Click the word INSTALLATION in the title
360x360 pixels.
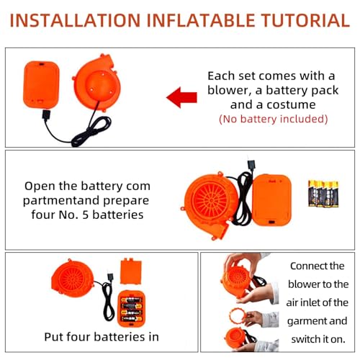point(75,20)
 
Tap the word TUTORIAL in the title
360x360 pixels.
point(305,20)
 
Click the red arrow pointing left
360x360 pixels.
point(181,97)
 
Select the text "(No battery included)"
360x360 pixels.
point(274,119)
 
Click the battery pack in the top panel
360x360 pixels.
point(41,85)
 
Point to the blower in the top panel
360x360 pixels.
point(97,83)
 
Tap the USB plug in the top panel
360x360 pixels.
point(46,115)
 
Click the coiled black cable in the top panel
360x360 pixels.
point(91,132)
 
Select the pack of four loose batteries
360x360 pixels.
point(323,194)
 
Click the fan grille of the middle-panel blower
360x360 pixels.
point(210,200)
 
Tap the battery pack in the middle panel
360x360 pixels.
point(271,200)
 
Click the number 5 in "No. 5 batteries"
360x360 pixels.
point(86,215)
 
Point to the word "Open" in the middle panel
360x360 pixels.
point(40,186)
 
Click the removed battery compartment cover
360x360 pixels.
point(131,271)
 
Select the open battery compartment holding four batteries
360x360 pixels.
point(132,308)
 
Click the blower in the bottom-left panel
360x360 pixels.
point(73,279)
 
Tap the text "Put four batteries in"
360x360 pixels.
point(102,337)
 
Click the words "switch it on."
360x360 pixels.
point(318,339)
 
